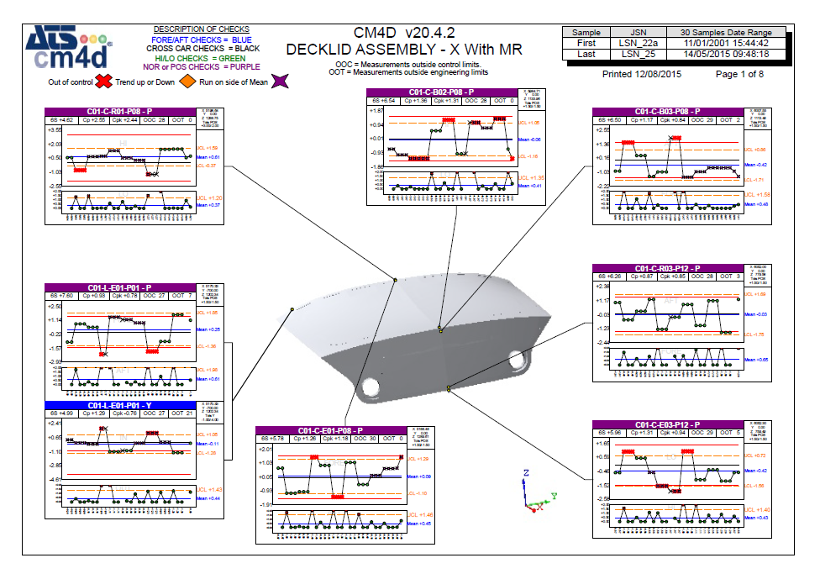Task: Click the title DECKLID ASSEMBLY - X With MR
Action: tap(403, 50)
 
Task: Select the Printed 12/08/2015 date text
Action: tap(643, 75)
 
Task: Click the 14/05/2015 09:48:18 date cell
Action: tap(725, 55)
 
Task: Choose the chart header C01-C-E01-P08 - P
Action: tap(330, 430)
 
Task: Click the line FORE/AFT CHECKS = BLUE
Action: tap(201, 39)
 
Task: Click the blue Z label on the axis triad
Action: tap(525, 473)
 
